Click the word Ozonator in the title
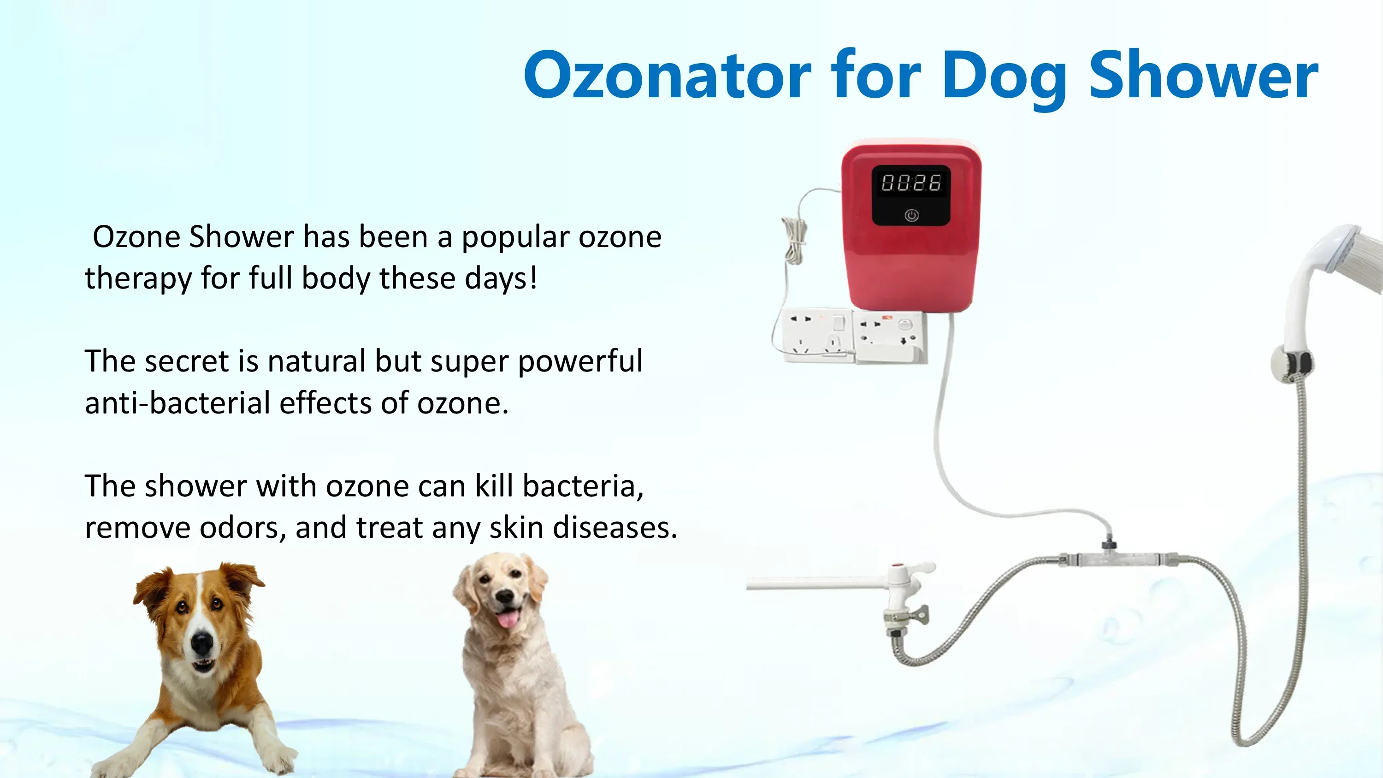click(x=668, y=75)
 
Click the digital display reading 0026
click(x=911, y=183)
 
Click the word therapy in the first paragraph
click(x=138, y=279)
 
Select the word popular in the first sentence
click(x=515, y=238)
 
